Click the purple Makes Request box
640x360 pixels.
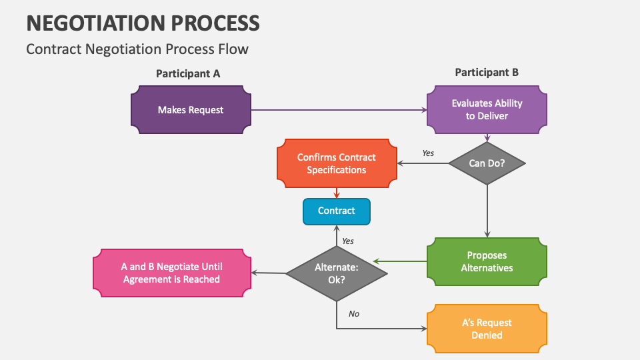click(x=191, y=110)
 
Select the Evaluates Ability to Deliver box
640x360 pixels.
click(x=487, y=110)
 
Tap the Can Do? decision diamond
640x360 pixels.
click(x=487, y=163)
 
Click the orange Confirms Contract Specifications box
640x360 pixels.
click(x=336, y=163)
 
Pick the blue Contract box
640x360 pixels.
click(x=336, y=211)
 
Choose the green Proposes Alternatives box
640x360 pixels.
click(x=487, y=261)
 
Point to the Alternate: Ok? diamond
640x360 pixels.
click(x=336, y=273)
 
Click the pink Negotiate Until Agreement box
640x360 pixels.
click(x=171, y=273)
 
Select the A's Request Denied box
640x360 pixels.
click(x=487, y=329)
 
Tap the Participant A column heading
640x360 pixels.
click(x=188, y=74)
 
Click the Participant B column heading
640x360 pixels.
click(x=487, y=73)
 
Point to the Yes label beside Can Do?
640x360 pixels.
click(x=428, y=153)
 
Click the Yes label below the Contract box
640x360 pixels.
click(x=348, y=241)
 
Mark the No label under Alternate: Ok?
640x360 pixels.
click(x=354, y=313)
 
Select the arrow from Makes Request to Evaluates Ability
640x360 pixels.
click(x=339, y=110)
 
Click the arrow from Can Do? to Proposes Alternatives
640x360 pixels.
click(x=487, y=211)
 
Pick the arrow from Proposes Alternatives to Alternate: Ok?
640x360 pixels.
click(x=400, y=261)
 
